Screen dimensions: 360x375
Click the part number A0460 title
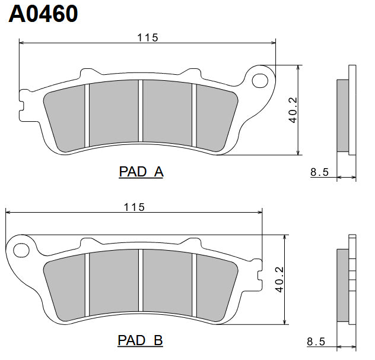[x=43, y=14]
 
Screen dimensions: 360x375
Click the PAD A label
[x=141, y=172]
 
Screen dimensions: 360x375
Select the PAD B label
[x=141, y=340]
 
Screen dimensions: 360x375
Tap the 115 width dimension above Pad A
[x=148, y=37]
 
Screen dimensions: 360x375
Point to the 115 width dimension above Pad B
[x=134, y=207]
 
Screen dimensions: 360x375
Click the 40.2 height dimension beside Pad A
[x=293, y=110]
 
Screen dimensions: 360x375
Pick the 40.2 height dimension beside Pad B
[x=279, y=279]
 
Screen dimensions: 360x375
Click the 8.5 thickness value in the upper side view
[x=319, y=173]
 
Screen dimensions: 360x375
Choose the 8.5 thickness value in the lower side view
[x=316, y=342]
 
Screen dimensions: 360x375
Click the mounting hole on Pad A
[x=259, y=80]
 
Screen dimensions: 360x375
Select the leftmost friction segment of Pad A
[x=65, y=116]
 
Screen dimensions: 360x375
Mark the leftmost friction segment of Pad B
[x=65, y=284]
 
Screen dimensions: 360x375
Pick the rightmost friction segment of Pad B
[x=217, y=284]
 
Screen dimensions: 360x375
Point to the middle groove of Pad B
[x=141, y=282]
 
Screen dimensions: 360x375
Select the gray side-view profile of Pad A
[x=343, y=115]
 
